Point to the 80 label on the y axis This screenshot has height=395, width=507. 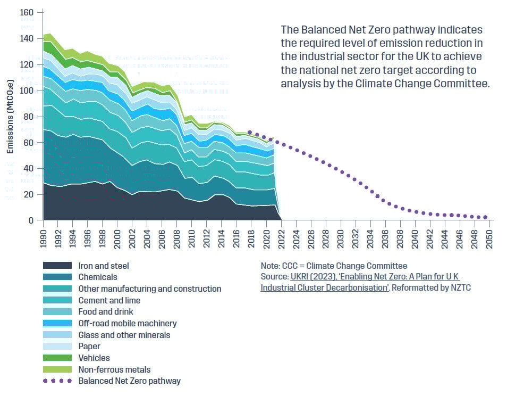point(29,117)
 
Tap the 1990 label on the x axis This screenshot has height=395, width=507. point(44,236)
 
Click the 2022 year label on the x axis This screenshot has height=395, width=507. point(281,236)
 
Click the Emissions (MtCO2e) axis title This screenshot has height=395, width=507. point(10,117)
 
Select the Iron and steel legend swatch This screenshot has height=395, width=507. point(57,266)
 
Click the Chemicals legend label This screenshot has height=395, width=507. point(98,277)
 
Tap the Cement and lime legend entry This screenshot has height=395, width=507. point(109,300)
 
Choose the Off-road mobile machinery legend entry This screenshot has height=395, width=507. point(128,323)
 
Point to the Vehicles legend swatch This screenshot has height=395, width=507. point(57,358)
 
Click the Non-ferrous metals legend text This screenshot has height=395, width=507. point(114,369)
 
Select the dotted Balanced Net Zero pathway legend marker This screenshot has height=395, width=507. point(57,381)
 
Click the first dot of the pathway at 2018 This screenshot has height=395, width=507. point(250,133)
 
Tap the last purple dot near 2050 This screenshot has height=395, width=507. point(485,217)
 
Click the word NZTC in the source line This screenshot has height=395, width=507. point(461,288)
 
